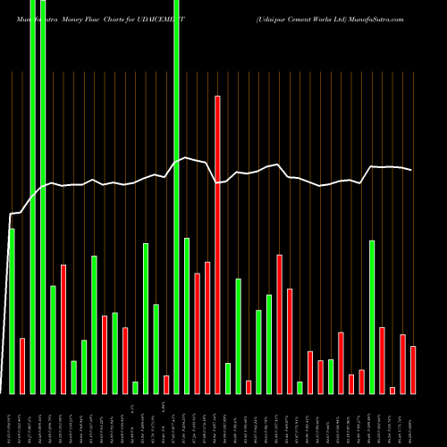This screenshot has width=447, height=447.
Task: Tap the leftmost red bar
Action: pos(22,366)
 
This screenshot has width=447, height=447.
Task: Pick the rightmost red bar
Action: pos(413,369)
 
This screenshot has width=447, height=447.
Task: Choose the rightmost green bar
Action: pos(372,316)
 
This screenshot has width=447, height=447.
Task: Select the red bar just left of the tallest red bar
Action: pos(207,327)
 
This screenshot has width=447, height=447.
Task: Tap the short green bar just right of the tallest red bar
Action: pos(228,378)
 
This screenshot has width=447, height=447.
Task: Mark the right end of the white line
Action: pos(412,170)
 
